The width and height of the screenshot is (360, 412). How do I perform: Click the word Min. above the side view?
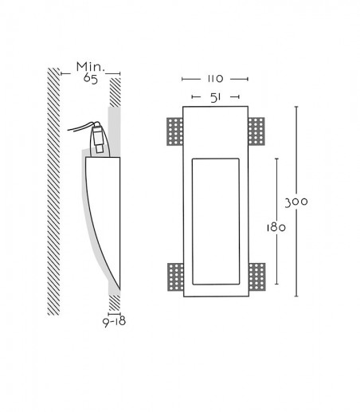pos(91,67)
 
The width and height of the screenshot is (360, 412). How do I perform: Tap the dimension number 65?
pos(91,79)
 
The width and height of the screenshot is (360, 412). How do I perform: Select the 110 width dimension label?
pos(215,79)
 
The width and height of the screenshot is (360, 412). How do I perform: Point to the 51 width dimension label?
pos(216,97)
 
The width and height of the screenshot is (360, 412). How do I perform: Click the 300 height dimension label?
pos(296,202)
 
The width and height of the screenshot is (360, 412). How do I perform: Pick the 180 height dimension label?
pos(276,228)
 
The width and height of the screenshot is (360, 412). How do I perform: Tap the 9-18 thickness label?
pos(115,322)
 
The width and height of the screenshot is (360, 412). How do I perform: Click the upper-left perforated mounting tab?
pos(175,131)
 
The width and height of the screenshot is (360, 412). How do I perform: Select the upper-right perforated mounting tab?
pos(256,131)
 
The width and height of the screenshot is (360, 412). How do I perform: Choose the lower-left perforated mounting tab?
pos(175,277)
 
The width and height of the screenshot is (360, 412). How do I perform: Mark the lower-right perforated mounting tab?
pos(257,277)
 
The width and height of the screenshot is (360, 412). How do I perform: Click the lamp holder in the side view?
pos(99,139)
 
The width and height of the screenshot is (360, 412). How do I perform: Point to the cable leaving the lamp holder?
pos(80,127)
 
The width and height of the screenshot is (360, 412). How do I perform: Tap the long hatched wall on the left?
pos(53,191)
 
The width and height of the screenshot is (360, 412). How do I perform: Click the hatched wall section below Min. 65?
pos(115,92)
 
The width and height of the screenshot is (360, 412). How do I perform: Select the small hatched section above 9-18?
pos(115,303)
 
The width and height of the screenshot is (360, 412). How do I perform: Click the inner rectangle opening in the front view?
pos(216,222)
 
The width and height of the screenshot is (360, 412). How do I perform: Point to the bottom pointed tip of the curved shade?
pos(119,290)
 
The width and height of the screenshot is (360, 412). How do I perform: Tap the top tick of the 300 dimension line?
pos(296,107)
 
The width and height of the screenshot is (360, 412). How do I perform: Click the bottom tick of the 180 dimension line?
pos(277,284)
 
